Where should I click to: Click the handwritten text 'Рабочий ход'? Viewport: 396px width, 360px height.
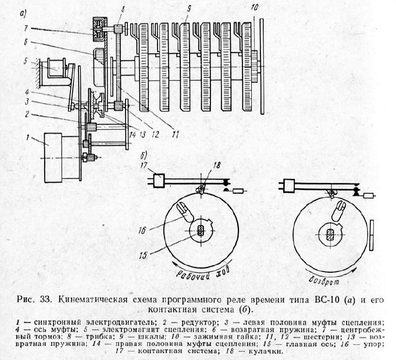coord(198,272)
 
